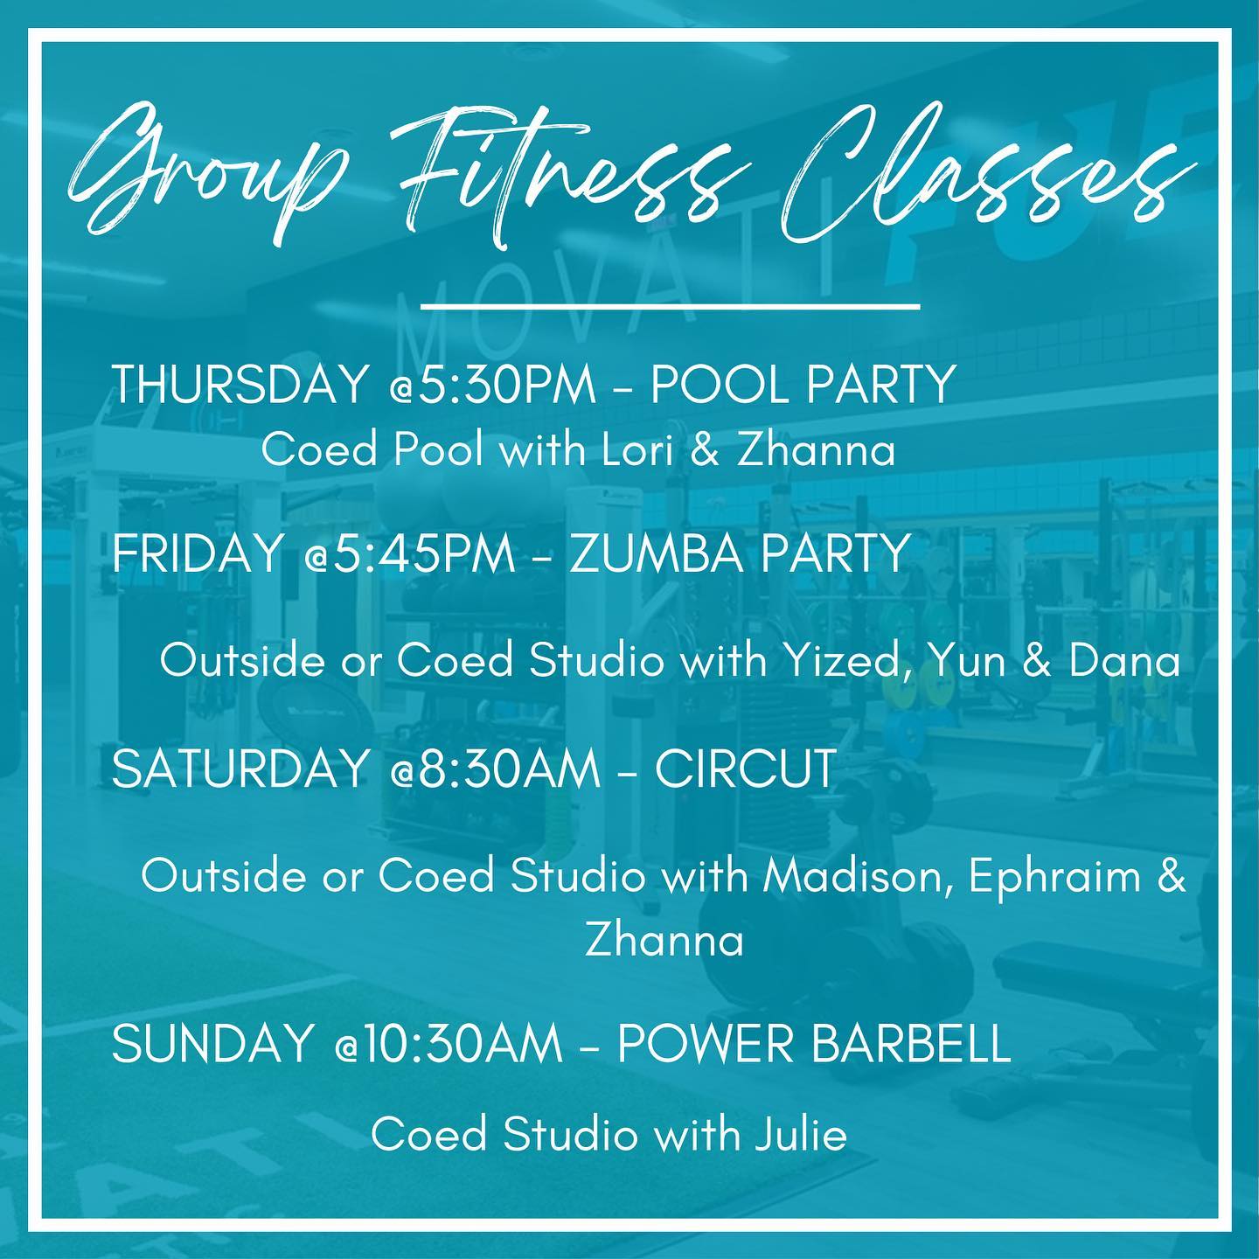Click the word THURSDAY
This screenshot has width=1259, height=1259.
tap(240, 385)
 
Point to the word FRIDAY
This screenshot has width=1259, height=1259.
tap(196, 553)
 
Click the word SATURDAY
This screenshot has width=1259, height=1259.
tap(240, 769)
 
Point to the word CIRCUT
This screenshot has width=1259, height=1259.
tap(745, 769)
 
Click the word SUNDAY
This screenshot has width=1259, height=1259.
tap(211, 1043)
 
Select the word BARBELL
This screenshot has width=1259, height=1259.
tap(911, 1043)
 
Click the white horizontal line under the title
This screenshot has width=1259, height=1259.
tap(671, 305)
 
